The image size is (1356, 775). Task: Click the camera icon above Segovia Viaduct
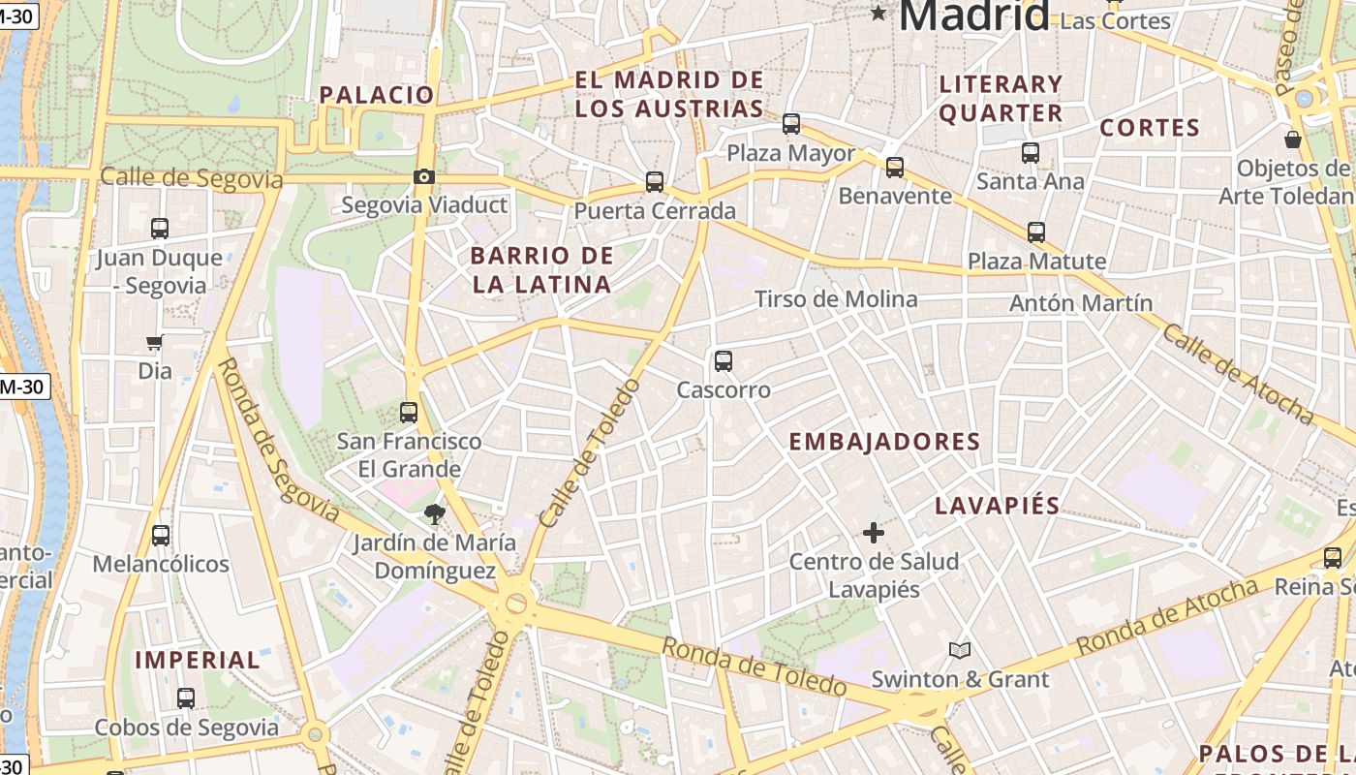click(x=423, y=176)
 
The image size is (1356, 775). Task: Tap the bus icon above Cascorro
click(x=723, y=361)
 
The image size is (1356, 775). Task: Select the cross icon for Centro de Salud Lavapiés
click(x=874, y=532)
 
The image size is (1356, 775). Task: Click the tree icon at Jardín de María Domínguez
click(x=434, y=514)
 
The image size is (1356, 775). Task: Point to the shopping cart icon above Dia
click(x=154, y=342)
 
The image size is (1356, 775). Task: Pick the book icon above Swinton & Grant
click(x=960, y=650)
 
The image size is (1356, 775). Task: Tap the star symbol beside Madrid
click(x=878, y=13)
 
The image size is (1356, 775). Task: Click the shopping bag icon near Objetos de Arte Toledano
click(x=1292, y=139)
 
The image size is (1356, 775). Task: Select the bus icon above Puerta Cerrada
click(x=655, y=182)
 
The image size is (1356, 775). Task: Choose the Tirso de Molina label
click(x=836, y=299)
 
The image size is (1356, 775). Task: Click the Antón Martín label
click(x=1081, y=303)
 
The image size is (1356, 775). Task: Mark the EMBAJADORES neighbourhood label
click(x=884, y=442)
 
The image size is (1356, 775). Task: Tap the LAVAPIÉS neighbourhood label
click(x=998, y=506)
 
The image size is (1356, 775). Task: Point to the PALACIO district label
click(x=377, y=95)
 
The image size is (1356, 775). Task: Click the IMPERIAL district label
click(x=198, y=661)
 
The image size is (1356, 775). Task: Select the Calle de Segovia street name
click(x=192, y=178)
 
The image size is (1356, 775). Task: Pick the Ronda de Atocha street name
click(x=1166, y=616)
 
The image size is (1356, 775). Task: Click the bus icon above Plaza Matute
click(x=1036, y=232)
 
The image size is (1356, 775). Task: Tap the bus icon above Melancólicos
click(x=161, y=536)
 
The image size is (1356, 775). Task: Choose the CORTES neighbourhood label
click(x=1150, y=128)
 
